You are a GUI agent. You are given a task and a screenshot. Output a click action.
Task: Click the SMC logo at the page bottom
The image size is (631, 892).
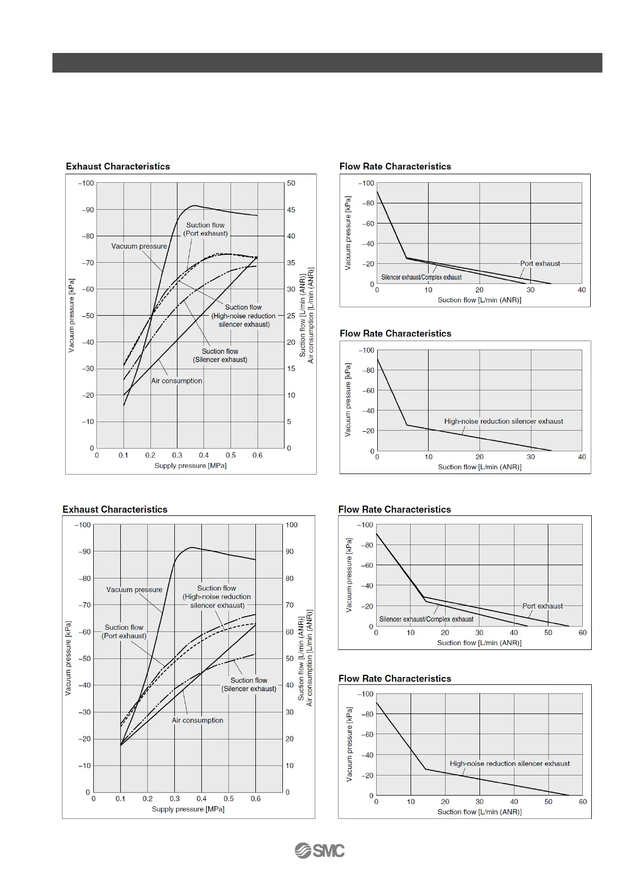[319, 850]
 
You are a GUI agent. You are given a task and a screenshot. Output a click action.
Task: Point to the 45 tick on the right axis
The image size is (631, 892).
[291, 210]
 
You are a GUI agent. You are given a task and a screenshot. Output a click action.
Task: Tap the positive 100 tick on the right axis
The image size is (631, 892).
[291, 525]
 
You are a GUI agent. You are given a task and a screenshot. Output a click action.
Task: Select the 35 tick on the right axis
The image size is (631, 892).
[291, 263]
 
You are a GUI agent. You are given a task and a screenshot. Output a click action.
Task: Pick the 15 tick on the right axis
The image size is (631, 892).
[291, 369]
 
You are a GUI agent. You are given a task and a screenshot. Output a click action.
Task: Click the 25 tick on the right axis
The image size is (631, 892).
[291, 316]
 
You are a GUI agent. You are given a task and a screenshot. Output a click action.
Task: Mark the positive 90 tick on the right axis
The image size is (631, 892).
[290, 551]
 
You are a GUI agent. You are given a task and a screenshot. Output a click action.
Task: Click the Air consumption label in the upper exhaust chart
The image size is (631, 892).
[176, 381]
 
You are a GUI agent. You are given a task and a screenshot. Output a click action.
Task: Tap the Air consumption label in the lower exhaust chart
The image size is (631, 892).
[197, 720]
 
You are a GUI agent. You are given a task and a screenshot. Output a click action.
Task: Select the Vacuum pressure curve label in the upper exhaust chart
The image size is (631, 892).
[139, 246]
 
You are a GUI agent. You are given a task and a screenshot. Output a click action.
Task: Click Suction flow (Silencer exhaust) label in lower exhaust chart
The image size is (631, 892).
[248, 684]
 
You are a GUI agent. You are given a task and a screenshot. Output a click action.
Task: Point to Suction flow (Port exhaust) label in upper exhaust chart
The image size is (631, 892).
[206, 229]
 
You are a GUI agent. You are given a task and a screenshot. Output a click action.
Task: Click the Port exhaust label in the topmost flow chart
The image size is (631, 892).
[540, 263]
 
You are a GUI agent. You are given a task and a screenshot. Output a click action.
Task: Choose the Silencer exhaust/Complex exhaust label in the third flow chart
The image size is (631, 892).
[426, 619]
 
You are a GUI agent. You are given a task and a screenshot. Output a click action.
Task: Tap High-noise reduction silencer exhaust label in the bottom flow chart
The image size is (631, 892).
[510, 764]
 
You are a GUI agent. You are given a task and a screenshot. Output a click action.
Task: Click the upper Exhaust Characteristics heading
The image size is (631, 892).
[118, 166]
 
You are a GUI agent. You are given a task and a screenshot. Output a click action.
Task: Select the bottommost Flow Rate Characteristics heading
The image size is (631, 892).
[395, 679]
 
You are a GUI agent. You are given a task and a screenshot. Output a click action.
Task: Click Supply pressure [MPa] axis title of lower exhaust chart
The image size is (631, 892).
[188, 809]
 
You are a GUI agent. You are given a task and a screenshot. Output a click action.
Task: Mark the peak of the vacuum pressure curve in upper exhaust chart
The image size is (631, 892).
[194, 206]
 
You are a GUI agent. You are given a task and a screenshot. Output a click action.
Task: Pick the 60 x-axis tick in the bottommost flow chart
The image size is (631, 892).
[582, 802]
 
